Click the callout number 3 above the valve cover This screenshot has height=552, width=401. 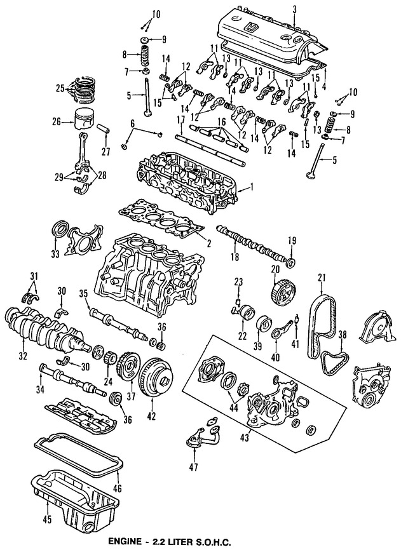(295, 8)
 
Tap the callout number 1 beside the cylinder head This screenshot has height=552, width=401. (252, 187)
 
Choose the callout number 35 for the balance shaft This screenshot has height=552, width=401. (83, 293)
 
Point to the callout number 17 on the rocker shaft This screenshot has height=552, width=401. (181, 119)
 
